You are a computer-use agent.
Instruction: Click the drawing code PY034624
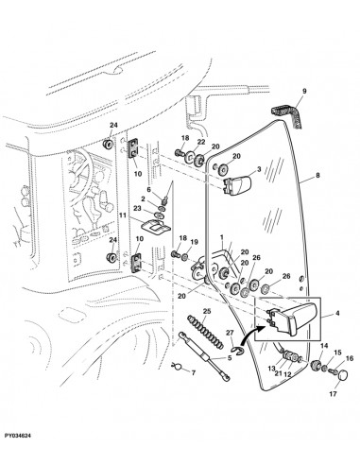pyautogui.click(x=18, y=436)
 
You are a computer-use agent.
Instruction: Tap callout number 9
pyautogui.click(x=304, y=92)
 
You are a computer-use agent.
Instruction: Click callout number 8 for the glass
pyautogui.click(x=317, y=175)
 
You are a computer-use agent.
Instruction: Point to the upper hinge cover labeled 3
pyautogui.click(x=237, y=185)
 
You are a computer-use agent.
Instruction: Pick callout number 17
pyautogui.click(x=334, y=393)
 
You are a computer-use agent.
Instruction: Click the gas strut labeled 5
pyautogui.click(x=204, y=357)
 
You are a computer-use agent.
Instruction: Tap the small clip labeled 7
pyautogui.click(x=178, y=366)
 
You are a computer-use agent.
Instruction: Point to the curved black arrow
pyautogui.click(x=251, y=336)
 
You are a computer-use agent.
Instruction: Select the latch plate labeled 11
pyautogui.click(x=155, y=226)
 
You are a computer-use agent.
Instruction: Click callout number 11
pyautogui.click(x=123, y=215)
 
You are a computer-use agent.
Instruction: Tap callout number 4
pyautogui.click(x=337, y=314)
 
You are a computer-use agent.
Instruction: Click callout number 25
pyautogui.click(x=207, y=312)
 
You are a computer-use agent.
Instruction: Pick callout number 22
pyautogui.click(x=201, y=142)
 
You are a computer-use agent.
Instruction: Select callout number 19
pyautogui.click(x=195, y=242)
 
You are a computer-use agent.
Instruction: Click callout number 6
pyautogui.click(x=149, y=189)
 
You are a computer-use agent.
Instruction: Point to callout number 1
pyautogui.click(x=222, y=236)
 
